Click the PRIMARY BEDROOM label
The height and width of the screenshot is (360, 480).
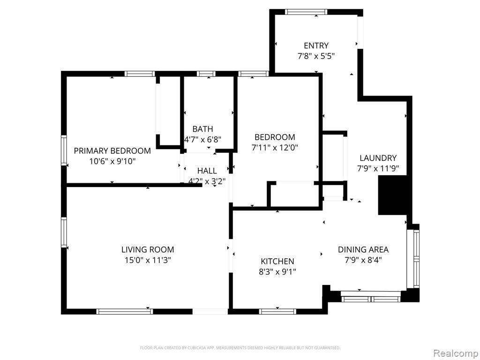pos(112,150)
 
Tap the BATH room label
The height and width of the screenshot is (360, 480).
pos(202,129)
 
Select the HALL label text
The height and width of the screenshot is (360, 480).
pos(207,171)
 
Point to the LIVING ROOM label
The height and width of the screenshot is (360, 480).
pos(148,249)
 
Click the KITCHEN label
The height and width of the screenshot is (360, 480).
pos(277,261)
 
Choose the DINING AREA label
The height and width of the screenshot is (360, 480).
pos(363,249)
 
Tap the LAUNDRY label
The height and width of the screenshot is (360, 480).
pos(378,158)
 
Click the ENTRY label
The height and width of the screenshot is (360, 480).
pos(316,45)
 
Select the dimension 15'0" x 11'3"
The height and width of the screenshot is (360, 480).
pos(148,260)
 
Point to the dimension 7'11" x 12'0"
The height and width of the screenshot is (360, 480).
pos(275,148)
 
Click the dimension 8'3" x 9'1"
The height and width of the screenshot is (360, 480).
pos(277,272)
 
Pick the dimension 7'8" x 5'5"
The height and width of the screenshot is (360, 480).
pos(316,56)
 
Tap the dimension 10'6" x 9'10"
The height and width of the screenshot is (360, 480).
pos(112,161)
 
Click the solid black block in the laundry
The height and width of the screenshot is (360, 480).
pos(392,195)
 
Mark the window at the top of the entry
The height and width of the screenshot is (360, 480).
pos(306,12)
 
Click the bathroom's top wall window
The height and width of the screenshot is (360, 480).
pos(206,74)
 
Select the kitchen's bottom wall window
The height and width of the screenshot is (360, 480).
pos(277,312)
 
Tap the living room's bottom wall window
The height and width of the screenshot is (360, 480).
pos(125,312)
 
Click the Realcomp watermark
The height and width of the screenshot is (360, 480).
pos(456,353)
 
